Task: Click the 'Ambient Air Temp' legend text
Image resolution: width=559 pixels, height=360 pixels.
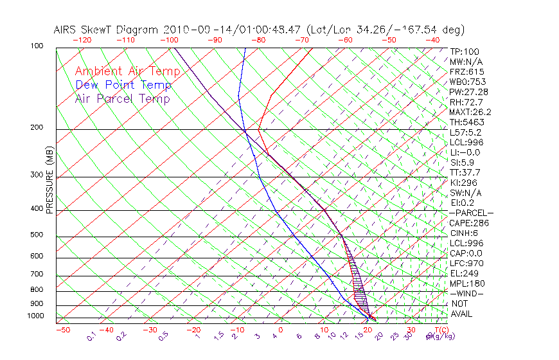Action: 127,71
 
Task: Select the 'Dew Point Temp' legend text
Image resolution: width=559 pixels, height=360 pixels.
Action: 123,85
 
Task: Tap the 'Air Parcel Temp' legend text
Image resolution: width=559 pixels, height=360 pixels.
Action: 122,98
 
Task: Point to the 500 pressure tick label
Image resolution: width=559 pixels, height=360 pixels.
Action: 37,236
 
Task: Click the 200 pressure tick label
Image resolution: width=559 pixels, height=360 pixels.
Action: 37,128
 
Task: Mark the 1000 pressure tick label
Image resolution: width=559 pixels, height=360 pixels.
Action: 35,316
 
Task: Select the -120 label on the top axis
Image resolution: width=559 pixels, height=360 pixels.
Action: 82,40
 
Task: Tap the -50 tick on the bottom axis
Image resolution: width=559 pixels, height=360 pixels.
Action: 62,330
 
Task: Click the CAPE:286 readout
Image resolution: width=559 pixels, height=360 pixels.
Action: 469,223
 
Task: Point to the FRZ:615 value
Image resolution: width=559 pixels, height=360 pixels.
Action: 466,71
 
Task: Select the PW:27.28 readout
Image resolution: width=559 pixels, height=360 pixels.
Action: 469,92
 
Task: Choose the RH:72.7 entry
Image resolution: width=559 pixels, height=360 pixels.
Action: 466,102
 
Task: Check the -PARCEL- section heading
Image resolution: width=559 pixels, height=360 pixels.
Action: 471,213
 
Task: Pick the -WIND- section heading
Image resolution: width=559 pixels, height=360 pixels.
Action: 466,293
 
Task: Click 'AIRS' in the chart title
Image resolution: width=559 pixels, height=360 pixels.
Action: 67,30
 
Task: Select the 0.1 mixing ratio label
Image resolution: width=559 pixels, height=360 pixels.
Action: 91,336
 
